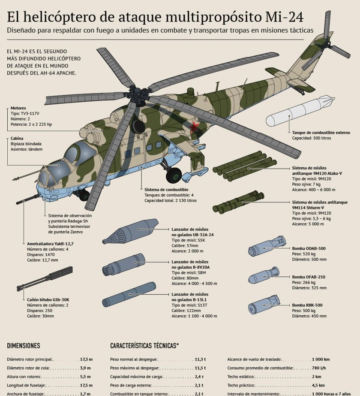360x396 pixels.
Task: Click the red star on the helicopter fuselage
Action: pyautogui.click(x=195, y=127)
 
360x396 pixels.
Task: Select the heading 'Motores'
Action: pyautogui.click(x=18, y=108)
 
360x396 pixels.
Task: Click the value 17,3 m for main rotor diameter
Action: pyautogui.click(x=86, y=359)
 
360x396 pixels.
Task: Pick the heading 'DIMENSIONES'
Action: pyautogui.click(x=24, y=346)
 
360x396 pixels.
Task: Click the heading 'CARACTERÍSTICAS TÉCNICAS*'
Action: pyautogui.click(x=144, y=346)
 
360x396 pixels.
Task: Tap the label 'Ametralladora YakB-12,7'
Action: pyautogui.click(x=47, y=244)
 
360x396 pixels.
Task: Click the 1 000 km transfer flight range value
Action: pyautogui.click(x=321, y=359)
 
